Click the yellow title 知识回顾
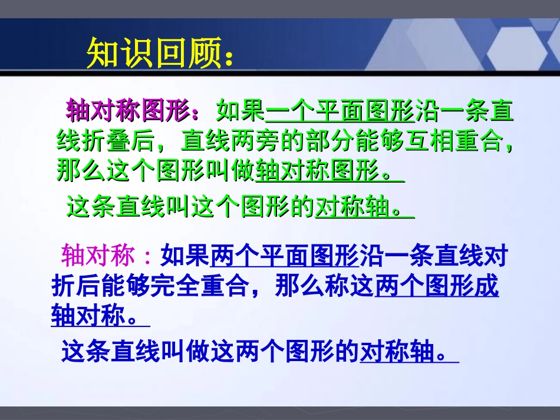click(x=154, y=54)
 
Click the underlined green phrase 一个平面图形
click(x=340, y=111)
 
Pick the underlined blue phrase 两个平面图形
click(x=284, y=256)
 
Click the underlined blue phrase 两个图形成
click(x=437, y=287)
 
